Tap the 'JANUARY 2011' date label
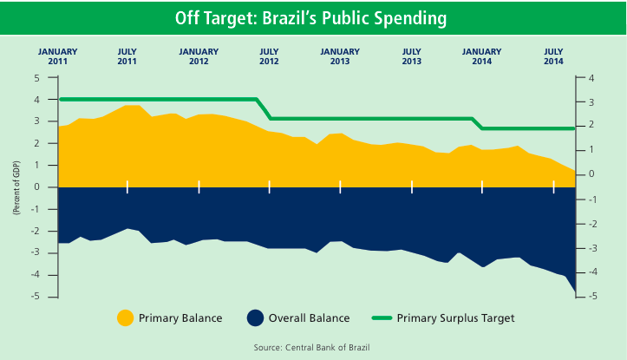click(x=57, y=56)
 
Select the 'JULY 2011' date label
click(x=127, y=56)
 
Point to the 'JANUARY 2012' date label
click(x=199, y=56)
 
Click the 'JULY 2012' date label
click(x=270, y=56)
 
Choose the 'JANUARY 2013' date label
click(x=340, y=56)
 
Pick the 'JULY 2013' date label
click(x=412, y=56)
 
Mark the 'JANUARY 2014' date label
click(x=482, y=56)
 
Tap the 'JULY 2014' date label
click(x=553, y=56)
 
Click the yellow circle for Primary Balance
click(x=126, y=318)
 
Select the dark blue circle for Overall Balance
click(x=255, y=318)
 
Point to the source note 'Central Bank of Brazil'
click(x=312, y=347)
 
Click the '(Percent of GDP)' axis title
click(x=16, y=187)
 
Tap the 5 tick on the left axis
click(x=37, y=78)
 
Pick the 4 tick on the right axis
click(x=591, y=78)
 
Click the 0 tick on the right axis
click(x=591, y=174)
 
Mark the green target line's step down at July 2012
click(x=265, y=108)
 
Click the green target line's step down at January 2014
click(x=478, y=123)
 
